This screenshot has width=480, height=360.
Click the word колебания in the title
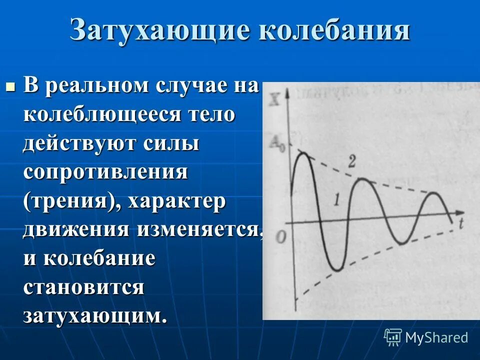(x=334, y=31)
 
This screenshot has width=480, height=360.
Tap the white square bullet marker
(x=10, y=86)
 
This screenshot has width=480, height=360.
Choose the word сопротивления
(x=105, y=172)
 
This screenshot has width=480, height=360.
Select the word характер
(x=177, y=201)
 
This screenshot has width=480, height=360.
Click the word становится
(x=83, y=288)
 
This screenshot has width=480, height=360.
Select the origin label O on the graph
(x=281, y=236)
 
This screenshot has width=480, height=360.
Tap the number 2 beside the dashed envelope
(x=352, y=161)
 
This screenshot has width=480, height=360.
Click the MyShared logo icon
(x=393, y=337)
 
